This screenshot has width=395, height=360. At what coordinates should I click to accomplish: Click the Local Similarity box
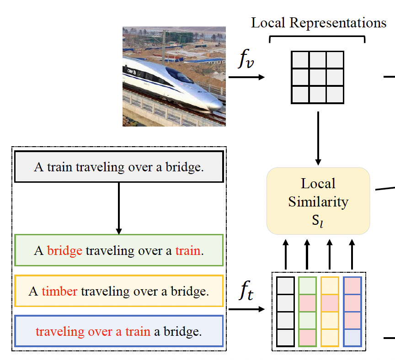318,201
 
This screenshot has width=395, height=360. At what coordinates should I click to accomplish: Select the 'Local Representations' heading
318,23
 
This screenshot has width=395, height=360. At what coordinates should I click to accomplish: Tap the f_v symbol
248,61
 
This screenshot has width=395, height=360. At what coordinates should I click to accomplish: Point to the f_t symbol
247,294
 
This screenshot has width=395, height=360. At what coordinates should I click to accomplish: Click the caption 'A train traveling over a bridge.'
119,167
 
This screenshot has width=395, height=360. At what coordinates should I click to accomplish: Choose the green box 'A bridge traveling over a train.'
119,250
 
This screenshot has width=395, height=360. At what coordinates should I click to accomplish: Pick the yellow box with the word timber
119,291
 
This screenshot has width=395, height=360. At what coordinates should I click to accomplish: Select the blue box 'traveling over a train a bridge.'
119,331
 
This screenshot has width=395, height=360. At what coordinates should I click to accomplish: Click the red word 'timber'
59,291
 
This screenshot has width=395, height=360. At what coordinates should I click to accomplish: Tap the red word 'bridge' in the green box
64,251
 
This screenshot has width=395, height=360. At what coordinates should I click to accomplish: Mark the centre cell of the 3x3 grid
318,77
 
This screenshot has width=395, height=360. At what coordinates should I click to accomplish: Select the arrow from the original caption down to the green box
119,208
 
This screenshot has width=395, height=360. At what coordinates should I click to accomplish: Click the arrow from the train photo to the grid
247,77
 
